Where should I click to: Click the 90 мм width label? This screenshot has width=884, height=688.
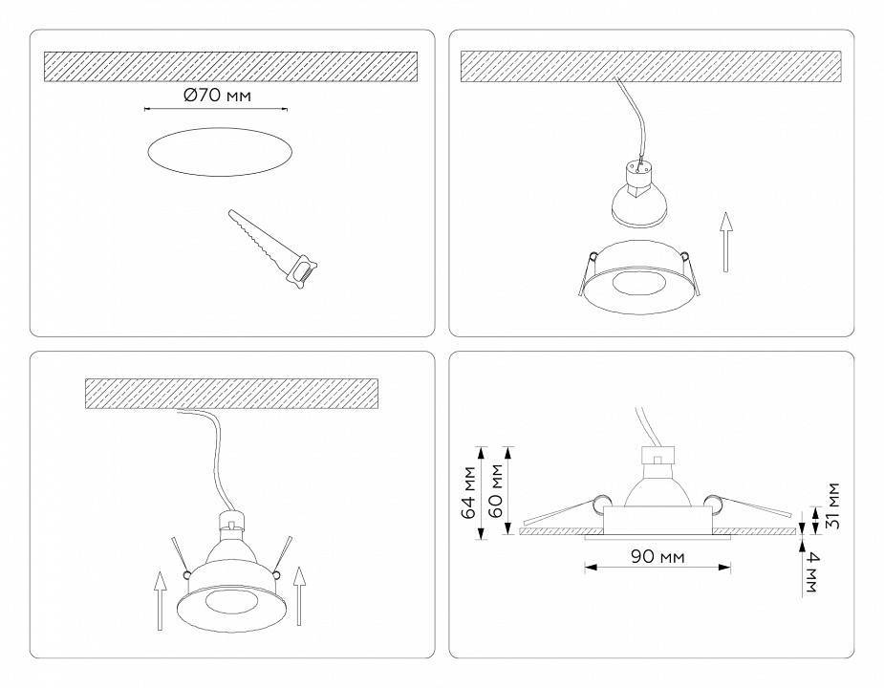(x=658, y=556)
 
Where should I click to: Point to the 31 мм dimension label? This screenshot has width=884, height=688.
(x=831, y=506)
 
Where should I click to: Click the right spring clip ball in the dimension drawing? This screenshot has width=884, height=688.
(x=712, y=503)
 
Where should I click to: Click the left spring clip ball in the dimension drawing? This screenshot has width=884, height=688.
(x=599, y=503)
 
